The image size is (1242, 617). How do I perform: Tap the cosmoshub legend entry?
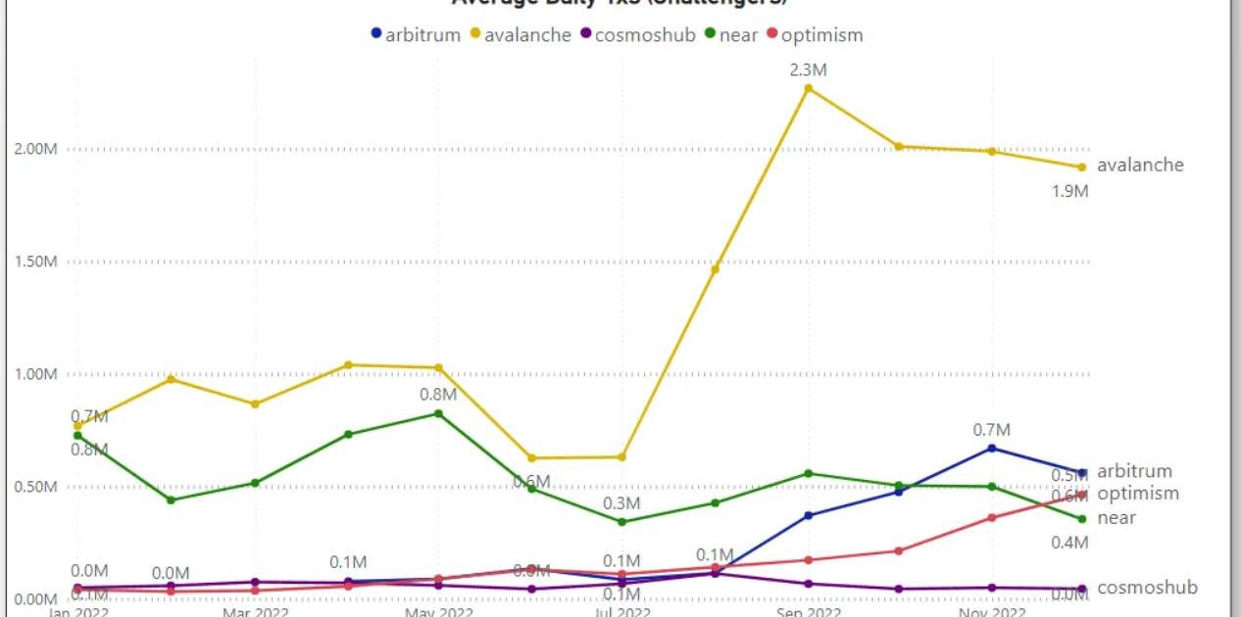(x=638, y=35)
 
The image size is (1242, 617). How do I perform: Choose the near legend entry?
(x=737, y=35)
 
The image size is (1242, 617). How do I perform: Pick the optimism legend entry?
(x=815, y=35)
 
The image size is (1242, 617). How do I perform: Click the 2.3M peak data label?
(x=809, y=70)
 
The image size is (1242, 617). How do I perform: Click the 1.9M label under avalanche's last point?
(x=1069, y=192)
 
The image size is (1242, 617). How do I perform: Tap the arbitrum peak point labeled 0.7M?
(x=992, y=448)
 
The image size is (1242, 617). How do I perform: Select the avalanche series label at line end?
(x=1140, y=165)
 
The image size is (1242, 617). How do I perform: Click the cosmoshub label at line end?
(x=1147, y=588)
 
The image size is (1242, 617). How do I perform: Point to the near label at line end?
(x=1117, y=517)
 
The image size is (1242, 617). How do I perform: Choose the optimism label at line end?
(x=1138, y=494)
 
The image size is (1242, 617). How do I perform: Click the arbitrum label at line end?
(x=1134, y=471)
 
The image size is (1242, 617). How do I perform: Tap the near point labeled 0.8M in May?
(x=438, y=413)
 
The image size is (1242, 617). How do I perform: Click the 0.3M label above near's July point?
(x=621, y=503)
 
